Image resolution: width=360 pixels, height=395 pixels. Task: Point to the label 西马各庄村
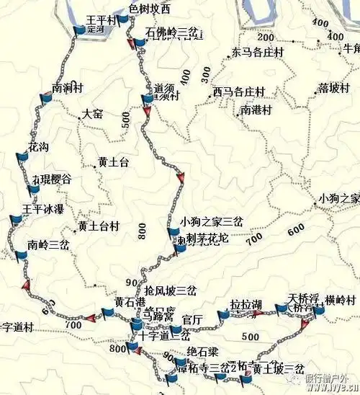click(x=239, y=92)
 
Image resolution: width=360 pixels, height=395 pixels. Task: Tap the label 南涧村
click(x=67, y=88)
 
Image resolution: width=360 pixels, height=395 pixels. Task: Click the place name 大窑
click(x=93, y=114)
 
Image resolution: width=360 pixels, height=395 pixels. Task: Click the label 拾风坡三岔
click(x=166, y=290)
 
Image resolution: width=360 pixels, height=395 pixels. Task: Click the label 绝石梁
click(x=202, y=352)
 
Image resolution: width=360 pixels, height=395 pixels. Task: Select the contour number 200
click(x=266, y=37)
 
